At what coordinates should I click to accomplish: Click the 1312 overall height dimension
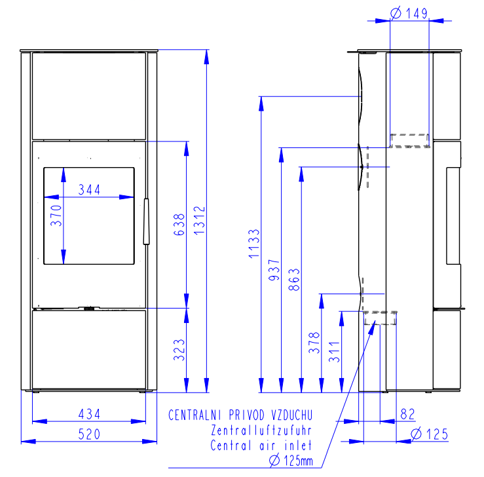199,220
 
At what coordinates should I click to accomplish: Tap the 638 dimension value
179,225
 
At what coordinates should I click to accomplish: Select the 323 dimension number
179,350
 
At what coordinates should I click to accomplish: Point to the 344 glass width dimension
89,189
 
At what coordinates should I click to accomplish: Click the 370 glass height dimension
56,216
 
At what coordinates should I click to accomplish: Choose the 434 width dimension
89,414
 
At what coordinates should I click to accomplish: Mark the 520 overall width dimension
89,434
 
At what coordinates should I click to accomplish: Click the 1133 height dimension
254,244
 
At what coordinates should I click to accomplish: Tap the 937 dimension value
274,270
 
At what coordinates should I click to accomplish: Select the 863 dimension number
295,280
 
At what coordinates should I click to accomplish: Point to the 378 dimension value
314,343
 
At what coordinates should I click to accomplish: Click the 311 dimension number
335,352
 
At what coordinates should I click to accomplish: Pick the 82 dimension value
408,414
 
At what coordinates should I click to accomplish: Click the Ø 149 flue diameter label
409,13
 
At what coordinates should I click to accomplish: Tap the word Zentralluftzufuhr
261,430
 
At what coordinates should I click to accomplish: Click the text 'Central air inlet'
261,446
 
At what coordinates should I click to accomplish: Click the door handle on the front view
146,221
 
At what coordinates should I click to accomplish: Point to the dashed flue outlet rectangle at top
409,140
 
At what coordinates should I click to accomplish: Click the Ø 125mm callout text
291,461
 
